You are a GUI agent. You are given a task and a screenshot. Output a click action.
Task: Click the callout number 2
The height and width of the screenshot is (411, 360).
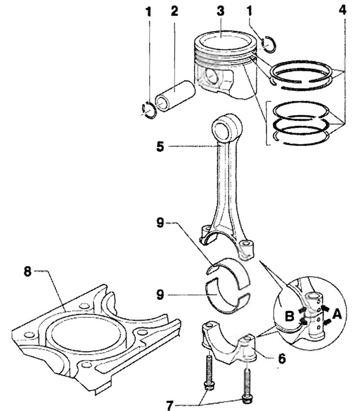point(174,11)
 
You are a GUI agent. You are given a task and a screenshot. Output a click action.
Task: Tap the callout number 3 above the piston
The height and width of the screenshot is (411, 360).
point(221,11)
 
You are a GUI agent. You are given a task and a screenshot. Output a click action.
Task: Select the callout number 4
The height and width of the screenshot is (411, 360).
point(343,10)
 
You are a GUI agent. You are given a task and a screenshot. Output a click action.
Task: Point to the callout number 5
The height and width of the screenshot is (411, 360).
point(160,147)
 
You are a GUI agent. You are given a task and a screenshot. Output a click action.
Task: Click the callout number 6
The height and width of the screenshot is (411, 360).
point(282,358)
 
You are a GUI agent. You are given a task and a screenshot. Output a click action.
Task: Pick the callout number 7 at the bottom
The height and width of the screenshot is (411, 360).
point(170,406)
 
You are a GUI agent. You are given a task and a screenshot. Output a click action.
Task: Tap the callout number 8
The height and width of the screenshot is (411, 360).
point(28,271)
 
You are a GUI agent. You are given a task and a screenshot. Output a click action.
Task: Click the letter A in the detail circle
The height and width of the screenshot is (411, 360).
point(337,314)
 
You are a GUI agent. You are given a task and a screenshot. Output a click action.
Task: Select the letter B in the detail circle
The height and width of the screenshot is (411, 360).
point(289,316)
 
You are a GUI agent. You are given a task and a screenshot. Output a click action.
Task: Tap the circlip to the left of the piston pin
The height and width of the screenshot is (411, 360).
point(149,110)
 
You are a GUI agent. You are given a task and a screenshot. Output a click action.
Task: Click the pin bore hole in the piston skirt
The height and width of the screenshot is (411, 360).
point(211,76)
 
